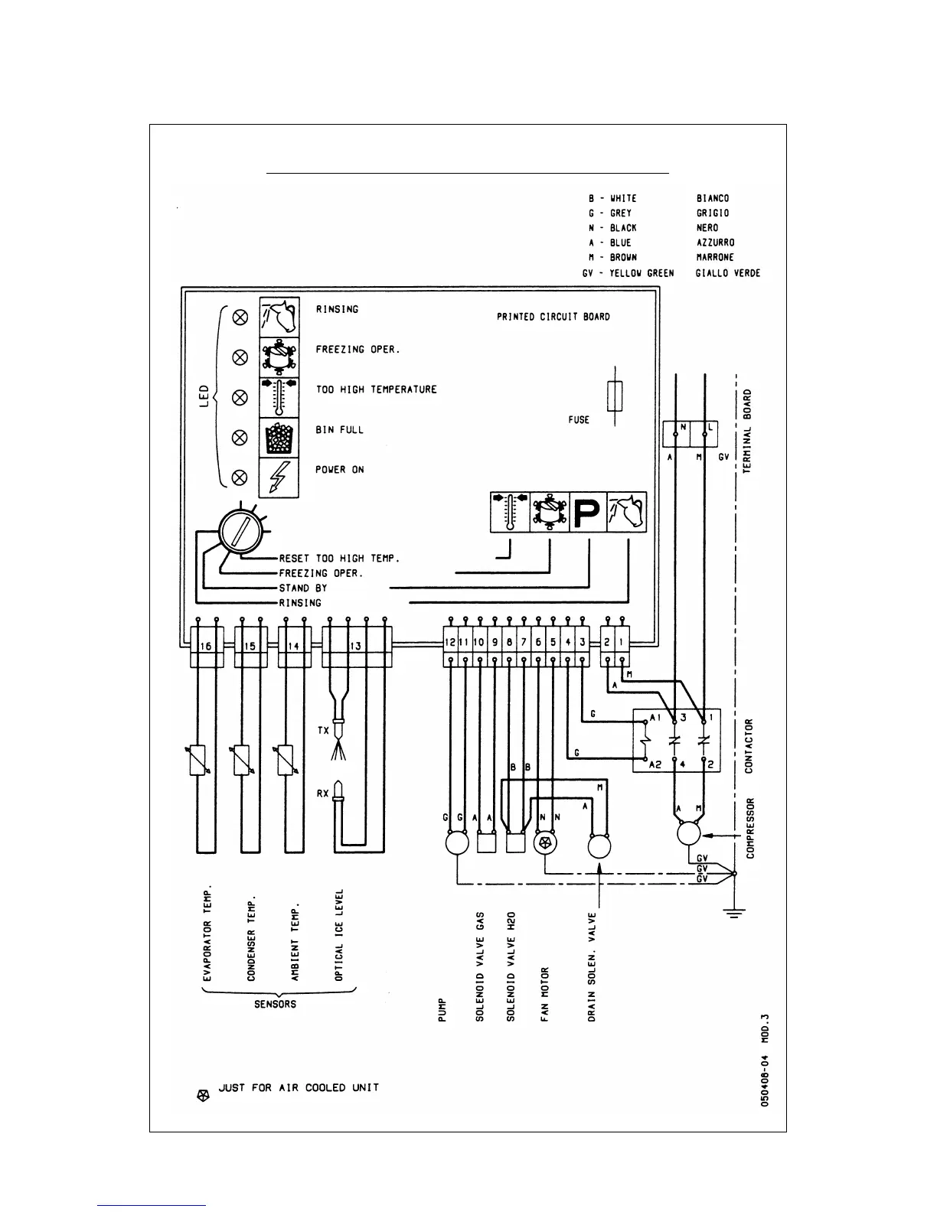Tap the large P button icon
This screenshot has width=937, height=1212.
587,512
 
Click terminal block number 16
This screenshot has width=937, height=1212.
206,646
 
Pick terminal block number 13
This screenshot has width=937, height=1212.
356,646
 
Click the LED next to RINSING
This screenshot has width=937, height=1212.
240,316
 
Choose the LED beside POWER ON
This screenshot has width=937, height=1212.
240,477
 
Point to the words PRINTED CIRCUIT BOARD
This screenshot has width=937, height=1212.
553,317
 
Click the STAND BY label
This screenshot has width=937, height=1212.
303,588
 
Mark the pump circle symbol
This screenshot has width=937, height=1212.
457,843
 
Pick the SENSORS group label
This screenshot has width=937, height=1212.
275,1004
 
